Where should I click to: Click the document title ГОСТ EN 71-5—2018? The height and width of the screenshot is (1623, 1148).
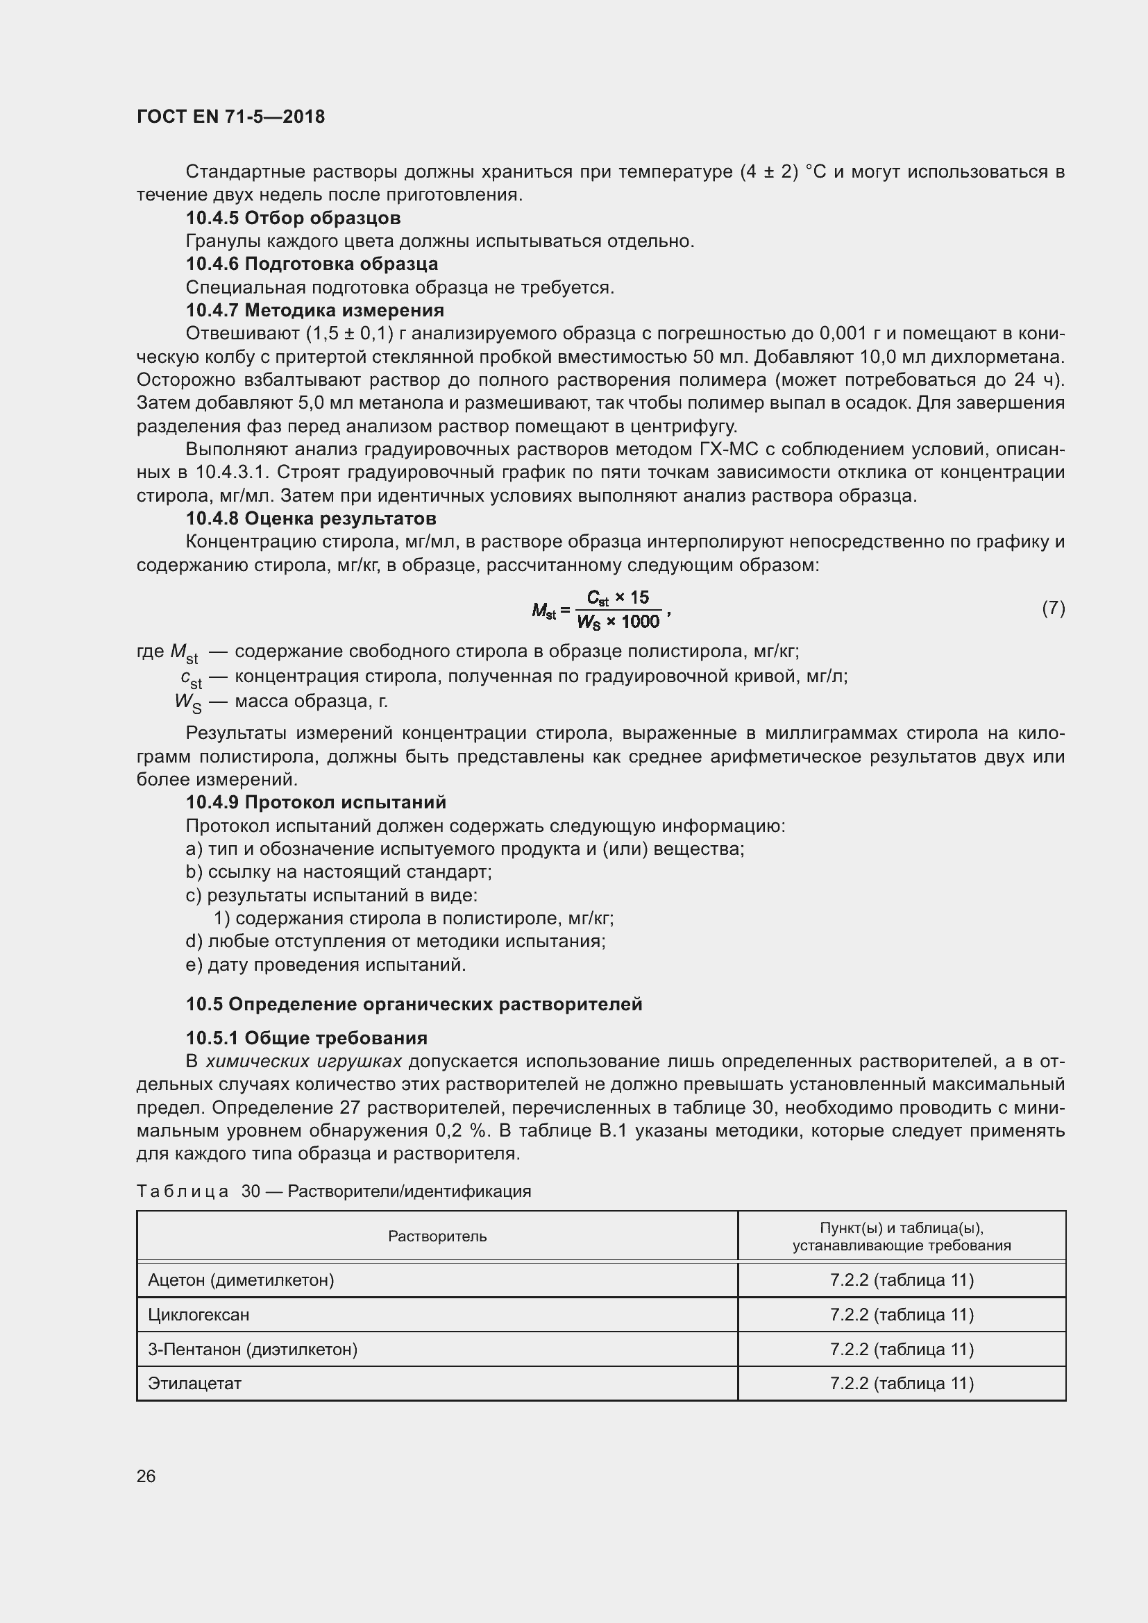pyautogui.click(x=230, y=117)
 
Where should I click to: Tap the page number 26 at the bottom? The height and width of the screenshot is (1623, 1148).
pyautogui.click(x=146, y=1476)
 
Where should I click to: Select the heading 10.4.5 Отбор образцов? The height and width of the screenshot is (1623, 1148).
pyautogui.click(x=293, y=218)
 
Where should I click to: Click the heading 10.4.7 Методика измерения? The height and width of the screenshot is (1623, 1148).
pyautogui.click(x=314, y=310)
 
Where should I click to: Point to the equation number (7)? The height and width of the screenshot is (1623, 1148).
pyautogui.click(x=1053, y=608)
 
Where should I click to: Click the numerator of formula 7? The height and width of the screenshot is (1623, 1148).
pyautogui.click(x=618, y=598)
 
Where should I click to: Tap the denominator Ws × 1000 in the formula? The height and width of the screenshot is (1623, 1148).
pyautogui.click(x=618, y=622)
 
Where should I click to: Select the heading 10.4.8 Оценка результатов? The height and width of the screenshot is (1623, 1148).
pyautogui.click(x=311, y=518)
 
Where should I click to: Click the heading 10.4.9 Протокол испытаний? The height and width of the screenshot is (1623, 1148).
pyautogui.click(x=316, y=802)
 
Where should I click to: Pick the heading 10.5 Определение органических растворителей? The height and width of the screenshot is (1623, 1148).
pyautogui.click(x=414, y=1004)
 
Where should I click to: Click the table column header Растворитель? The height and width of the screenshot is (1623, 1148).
pyautogui.click(x=437, y=1236)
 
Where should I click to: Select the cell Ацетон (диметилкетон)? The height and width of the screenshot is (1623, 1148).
pyautogui.click(x=241, y=1280)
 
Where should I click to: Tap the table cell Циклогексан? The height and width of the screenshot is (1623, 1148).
pyautogui.click(x=199, y=1314)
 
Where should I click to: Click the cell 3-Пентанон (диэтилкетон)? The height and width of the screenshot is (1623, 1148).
pyautogui.click(x=253, y=1349)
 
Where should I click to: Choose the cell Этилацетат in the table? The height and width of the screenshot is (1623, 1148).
pyautogui.click(x=194, y=1384)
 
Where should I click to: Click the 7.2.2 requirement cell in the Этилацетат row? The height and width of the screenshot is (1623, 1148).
pyautogui.click(x=902, y=1384)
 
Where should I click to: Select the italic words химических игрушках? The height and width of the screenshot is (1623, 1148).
pyautogui.click(x=303, y=1061)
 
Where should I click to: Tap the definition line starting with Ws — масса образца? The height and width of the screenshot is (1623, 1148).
pyautogui.click(x=282, y=702)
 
